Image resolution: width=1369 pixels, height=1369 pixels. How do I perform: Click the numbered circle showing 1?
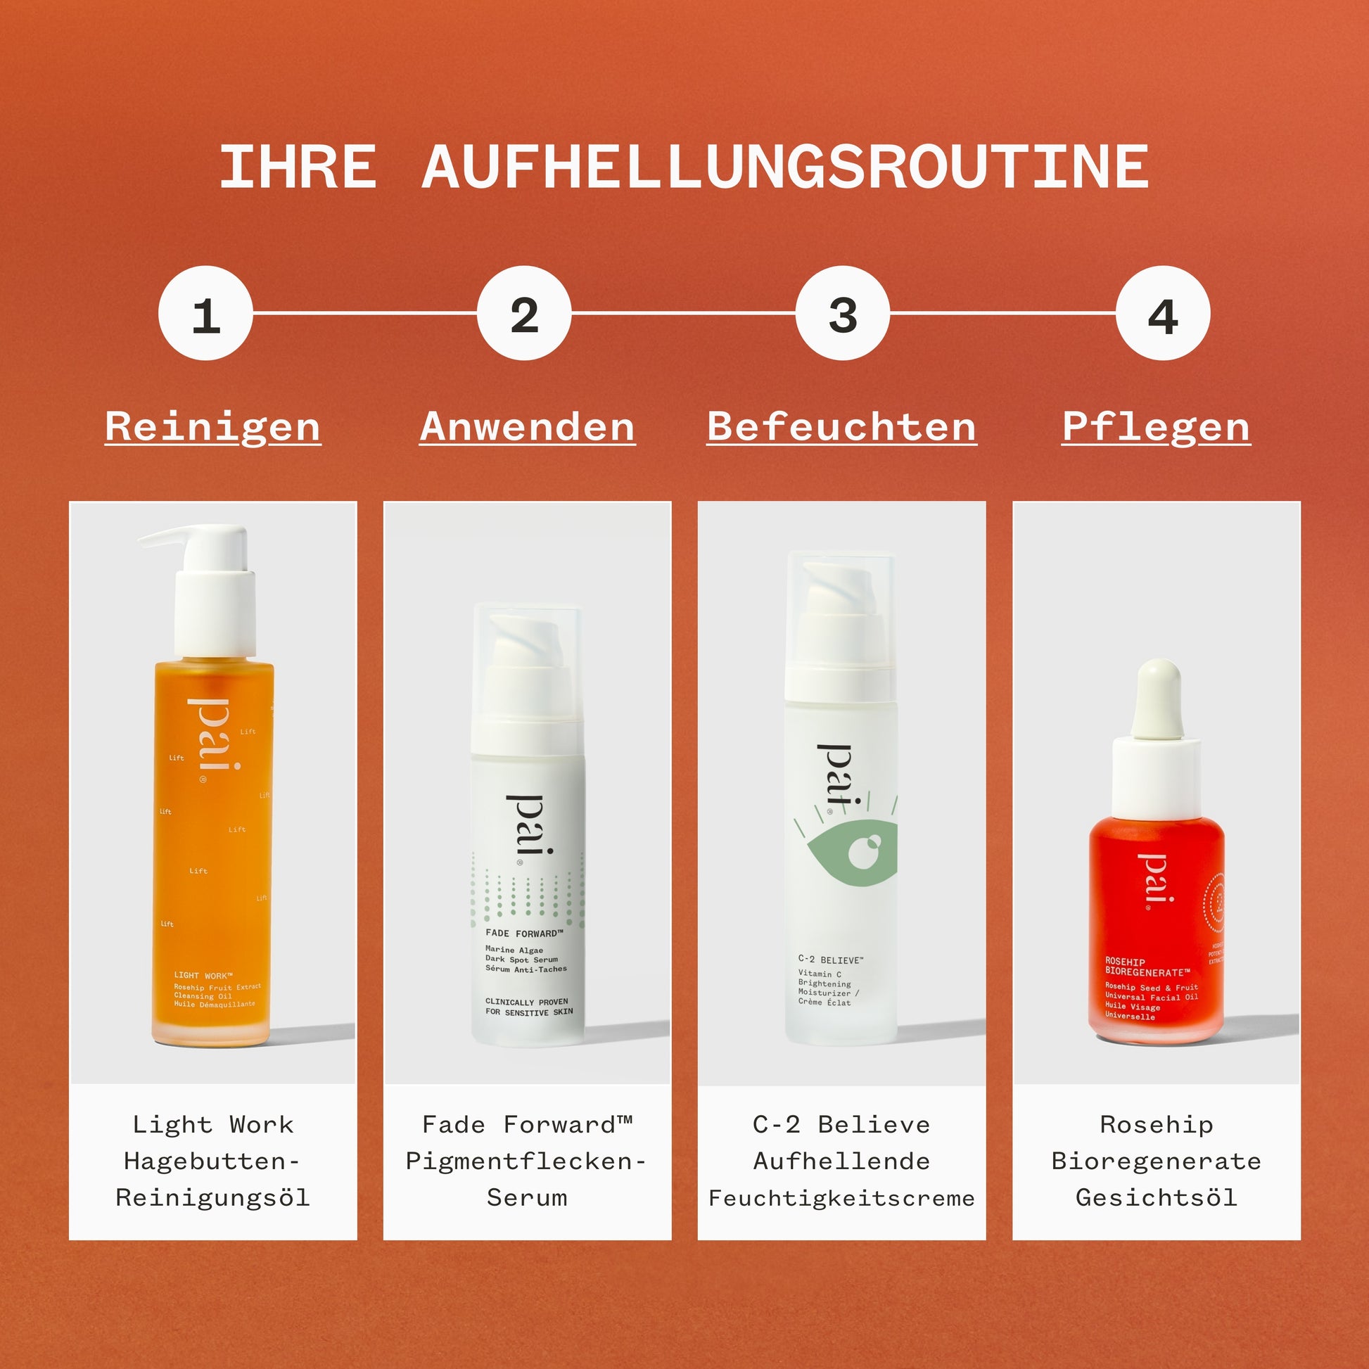205,313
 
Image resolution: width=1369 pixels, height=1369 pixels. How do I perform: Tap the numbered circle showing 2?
524,313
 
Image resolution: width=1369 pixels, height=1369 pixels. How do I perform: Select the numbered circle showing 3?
843,313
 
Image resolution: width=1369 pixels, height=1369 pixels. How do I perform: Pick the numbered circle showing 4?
1162,313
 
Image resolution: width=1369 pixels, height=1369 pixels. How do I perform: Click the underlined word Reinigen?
212,427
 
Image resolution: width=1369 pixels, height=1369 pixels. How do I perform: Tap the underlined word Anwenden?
527,427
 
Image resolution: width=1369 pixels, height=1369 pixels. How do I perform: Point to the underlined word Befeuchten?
842,427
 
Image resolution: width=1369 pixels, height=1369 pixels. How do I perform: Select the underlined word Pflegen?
1157,427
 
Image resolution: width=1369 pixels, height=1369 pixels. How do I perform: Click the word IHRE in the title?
298,168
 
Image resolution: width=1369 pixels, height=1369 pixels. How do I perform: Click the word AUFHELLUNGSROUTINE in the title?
784,168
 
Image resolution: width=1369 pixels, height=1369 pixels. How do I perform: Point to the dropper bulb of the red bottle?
1157,698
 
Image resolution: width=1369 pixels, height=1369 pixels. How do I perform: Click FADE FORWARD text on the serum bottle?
523,934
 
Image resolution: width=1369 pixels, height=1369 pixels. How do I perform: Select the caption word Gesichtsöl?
1157,1197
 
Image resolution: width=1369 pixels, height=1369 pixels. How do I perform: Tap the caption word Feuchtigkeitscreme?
842,1198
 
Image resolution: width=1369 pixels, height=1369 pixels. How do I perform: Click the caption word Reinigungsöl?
212,1197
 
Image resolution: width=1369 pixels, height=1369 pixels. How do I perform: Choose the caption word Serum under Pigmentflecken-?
527,1197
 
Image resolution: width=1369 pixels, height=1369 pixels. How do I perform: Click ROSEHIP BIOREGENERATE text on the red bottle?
1147,967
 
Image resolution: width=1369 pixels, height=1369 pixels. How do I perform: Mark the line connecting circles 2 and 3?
684,312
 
